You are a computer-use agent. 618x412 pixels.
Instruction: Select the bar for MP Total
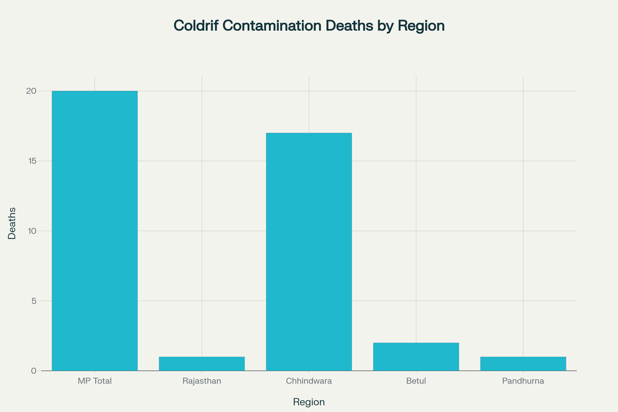[x=95, y=231]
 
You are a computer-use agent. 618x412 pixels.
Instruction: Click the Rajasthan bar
[x=202, y=364]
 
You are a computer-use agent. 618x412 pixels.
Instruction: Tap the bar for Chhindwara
[x=309, y=252]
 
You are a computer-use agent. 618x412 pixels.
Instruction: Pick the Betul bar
[x=416, y=357]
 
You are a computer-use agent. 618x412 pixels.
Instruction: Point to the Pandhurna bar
[x=523, y=364]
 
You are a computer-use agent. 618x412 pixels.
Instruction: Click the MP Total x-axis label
[x=95, y=381]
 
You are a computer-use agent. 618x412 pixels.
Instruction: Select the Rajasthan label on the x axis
[x=202, y=381]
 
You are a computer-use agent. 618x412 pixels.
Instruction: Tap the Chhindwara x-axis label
[x=309, y=381]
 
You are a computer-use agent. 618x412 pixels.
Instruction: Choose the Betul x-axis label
[x=416, y=381]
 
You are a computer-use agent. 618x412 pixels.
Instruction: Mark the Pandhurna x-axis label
[x=523, y=381]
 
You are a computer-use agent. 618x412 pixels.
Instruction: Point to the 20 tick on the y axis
[x=31, y=91]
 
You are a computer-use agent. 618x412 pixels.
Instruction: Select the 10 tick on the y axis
[x=32, y=231]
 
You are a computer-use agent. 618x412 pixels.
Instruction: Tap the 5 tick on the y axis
[x=34, y=301]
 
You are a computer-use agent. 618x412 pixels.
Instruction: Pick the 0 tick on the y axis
[x=34, y=371]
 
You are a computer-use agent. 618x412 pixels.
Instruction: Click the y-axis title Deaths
[x=12, y=223]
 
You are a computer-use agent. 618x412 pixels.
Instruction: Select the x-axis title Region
[x=309, y=402]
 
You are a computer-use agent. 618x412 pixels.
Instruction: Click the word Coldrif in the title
[x=196, y=26]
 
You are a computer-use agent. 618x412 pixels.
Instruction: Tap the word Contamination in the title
[x=272, y=26]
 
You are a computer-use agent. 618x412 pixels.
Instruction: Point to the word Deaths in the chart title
[x=349, y=26]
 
